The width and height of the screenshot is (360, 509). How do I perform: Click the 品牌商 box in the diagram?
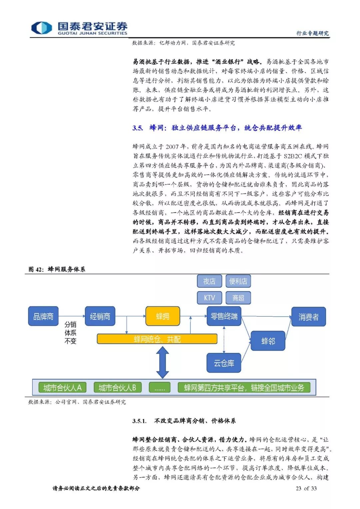(43, 316)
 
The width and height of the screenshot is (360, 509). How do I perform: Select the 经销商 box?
(100, 316)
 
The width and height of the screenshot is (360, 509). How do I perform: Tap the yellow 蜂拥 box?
(163, 316)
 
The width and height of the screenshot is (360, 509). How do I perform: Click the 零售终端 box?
(224, 316)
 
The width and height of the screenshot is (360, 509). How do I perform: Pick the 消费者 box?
(308, 317)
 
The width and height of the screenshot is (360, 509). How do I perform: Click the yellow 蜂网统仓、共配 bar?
(157, 339)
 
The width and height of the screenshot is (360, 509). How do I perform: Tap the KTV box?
(209, 298)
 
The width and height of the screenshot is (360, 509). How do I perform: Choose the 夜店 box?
(209, 281)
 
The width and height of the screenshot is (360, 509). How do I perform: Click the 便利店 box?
(238, 281)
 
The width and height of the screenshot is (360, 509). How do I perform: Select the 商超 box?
(238, 298)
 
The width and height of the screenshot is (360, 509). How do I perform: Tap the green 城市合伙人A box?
(62, 387)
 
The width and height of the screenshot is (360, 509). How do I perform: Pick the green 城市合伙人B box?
(117, 387)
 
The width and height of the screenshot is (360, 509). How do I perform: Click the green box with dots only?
(160, 387)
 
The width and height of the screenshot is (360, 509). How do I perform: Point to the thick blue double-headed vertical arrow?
(163, 362)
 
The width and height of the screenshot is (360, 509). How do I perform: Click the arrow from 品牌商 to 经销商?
(72, 316)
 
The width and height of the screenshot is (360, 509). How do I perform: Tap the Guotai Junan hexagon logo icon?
(42, 28)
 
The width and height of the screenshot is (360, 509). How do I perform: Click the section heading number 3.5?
(138, 128)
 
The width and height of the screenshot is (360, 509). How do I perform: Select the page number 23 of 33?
(306, 488)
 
